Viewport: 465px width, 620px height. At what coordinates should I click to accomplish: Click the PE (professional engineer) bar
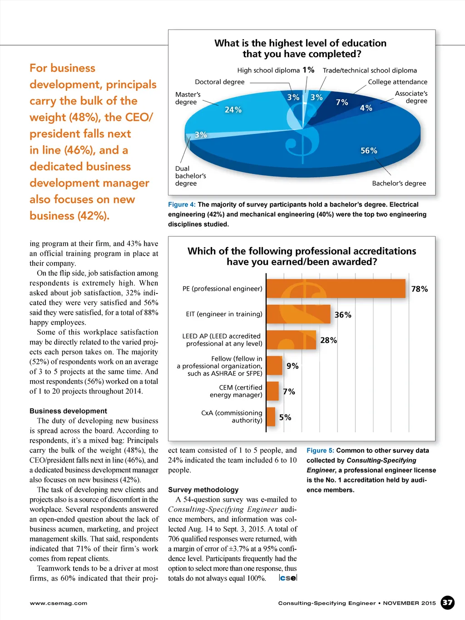tap(336, 289)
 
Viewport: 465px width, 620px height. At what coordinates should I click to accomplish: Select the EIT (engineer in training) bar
tap(298, 314)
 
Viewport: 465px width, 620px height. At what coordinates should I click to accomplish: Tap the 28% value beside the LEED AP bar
tap(328, 340)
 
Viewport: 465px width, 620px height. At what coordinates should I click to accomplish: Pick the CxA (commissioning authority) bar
tap(271, 417)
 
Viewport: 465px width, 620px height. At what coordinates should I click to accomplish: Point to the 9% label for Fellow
tap(292, 366)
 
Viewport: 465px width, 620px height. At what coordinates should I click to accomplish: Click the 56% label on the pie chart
tap(369, 151)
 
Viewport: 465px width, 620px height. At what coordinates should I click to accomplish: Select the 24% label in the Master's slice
tap(233, 110)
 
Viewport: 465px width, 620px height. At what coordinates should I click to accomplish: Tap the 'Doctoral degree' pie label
tap(220, 82)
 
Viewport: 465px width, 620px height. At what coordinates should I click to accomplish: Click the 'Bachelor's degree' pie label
tap(399, 184)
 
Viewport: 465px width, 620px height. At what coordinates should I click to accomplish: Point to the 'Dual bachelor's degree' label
tap(191, 176)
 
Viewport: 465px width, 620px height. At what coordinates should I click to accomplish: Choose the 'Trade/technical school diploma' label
tap(370, 70)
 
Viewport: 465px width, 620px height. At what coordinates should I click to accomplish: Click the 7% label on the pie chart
tap(342, 103)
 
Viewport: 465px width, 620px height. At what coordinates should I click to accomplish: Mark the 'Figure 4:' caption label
tap(182, 204)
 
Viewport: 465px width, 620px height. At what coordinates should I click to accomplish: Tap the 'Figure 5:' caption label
tap(320, 451)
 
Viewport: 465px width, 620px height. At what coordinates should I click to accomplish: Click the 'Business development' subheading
tap(68, 411)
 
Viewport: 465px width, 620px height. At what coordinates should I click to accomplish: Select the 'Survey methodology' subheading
tap(203, 490)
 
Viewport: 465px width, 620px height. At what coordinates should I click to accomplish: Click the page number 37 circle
tap(448, 603)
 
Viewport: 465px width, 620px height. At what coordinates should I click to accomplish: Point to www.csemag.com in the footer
tap(59, 603)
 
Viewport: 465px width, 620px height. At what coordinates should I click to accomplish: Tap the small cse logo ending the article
tap(288, 578)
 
